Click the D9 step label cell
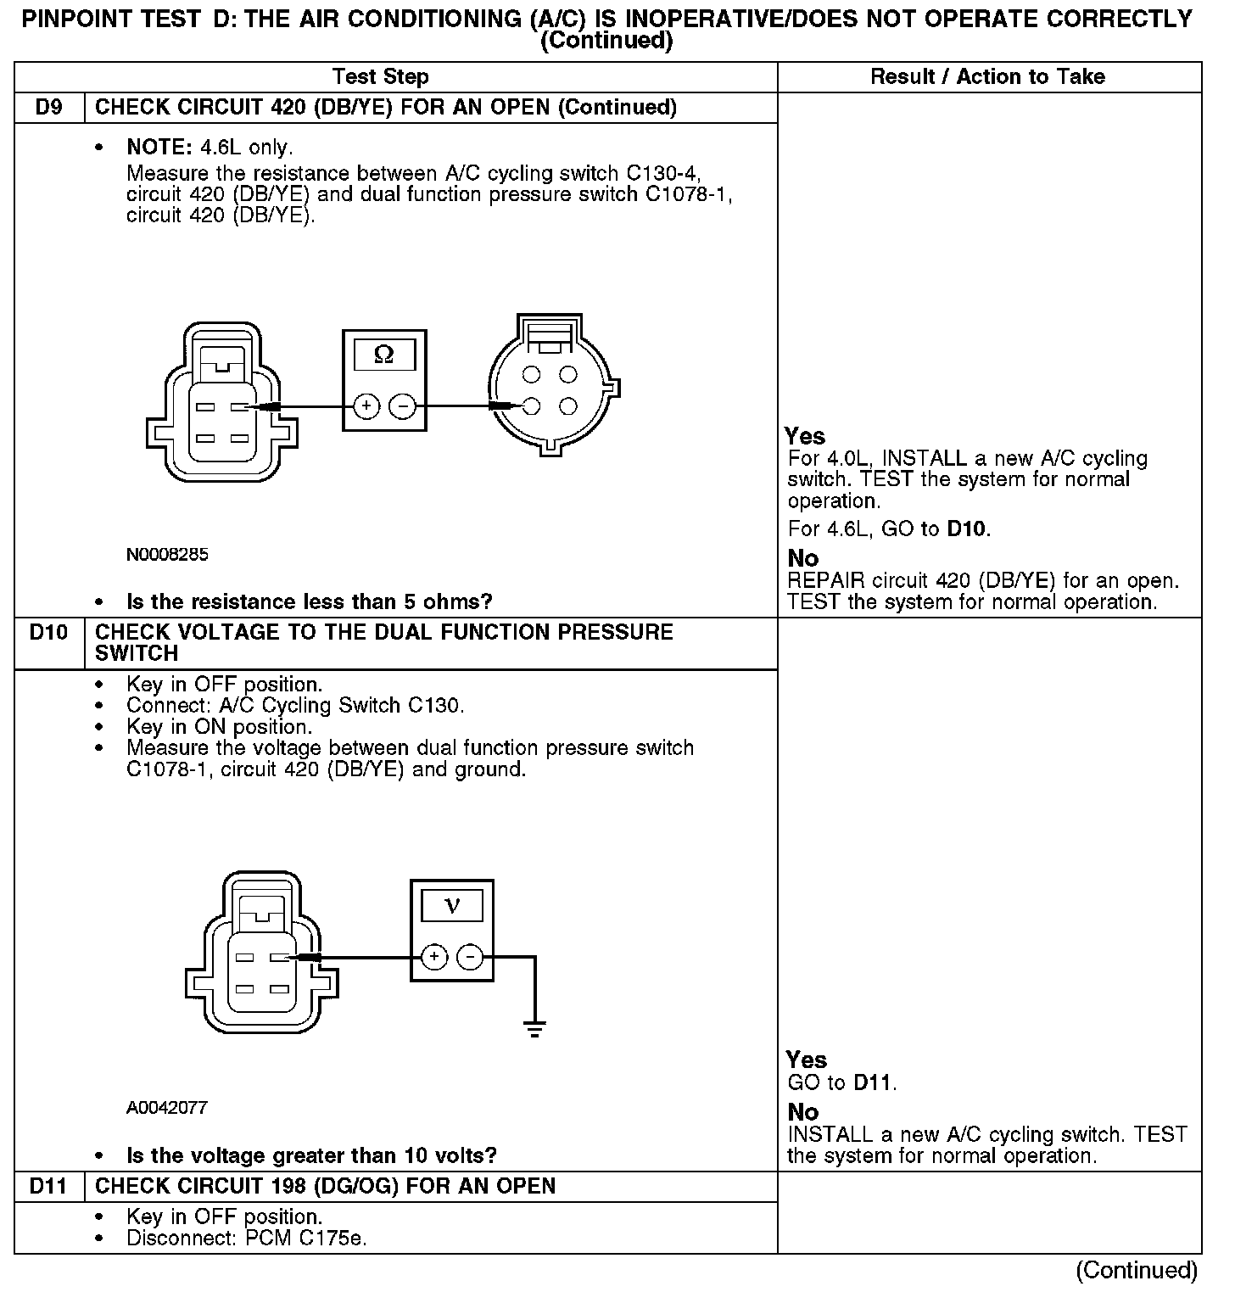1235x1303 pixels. pos(50,108)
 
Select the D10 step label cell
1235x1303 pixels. pos(50,633)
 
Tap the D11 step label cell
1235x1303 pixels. pos(50,1186)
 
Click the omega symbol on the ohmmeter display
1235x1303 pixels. pos(383,355)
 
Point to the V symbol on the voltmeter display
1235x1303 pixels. pos(452,905)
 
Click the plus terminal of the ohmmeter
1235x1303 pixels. pos(366,407)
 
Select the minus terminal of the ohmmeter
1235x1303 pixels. pos(402,407)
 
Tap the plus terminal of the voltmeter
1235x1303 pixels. pos(434,958)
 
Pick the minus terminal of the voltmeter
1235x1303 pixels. pos(470,958)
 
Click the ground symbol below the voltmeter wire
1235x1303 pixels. pos(534,1030)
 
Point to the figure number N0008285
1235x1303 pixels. pos(167,555)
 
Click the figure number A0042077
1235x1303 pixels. pos(167,1108)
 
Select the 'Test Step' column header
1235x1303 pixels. pos(381,77)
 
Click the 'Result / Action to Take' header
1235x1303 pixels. pos(988,77)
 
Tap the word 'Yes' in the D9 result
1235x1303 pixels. pos(805,436)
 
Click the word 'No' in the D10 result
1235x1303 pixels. pos(803,1112)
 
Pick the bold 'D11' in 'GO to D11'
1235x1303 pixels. pos(873,1083)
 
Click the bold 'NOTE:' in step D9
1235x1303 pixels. pos(160,148)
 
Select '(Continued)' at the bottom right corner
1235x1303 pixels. pos(1137,1270)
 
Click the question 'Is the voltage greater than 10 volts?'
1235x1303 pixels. pos(311,1155)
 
